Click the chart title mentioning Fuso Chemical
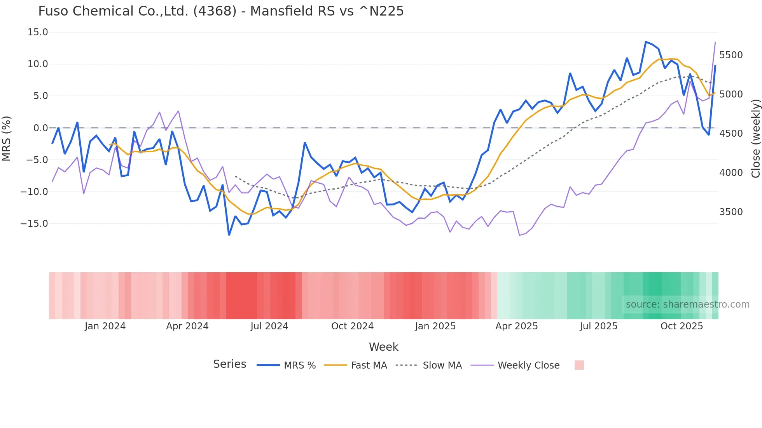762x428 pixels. click(221, 11)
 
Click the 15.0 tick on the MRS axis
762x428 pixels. click(38, 32)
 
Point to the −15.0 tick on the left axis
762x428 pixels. click(34, 224)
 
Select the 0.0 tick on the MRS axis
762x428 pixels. click(40, 128)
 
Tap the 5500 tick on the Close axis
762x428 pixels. click(731, 55)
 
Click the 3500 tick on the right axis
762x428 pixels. click(731, 212)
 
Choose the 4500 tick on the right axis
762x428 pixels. click(731, 134)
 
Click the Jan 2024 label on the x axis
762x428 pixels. click(105, 326)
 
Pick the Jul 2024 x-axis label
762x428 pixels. click(269, 326)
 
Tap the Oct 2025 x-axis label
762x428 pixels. click(682, 326)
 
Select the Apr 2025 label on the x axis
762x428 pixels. click(516, 326)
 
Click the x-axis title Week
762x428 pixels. click(383, 347)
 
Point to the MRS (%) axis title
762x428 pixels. click(7, 138)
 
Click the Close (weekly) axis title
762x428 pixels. click(755, 138)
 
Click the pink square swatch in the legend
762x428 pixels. click(579, 365)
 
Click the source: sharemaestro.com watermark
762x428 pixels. click(687, 304)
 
